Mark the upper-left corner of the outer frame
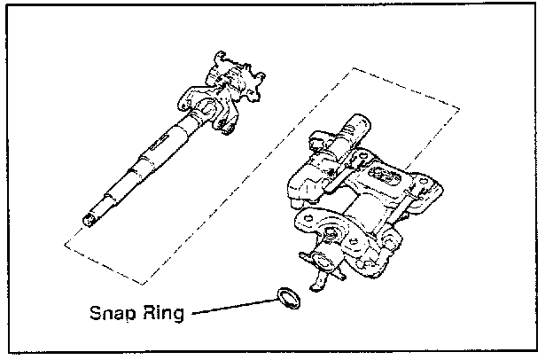(5, 5)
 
